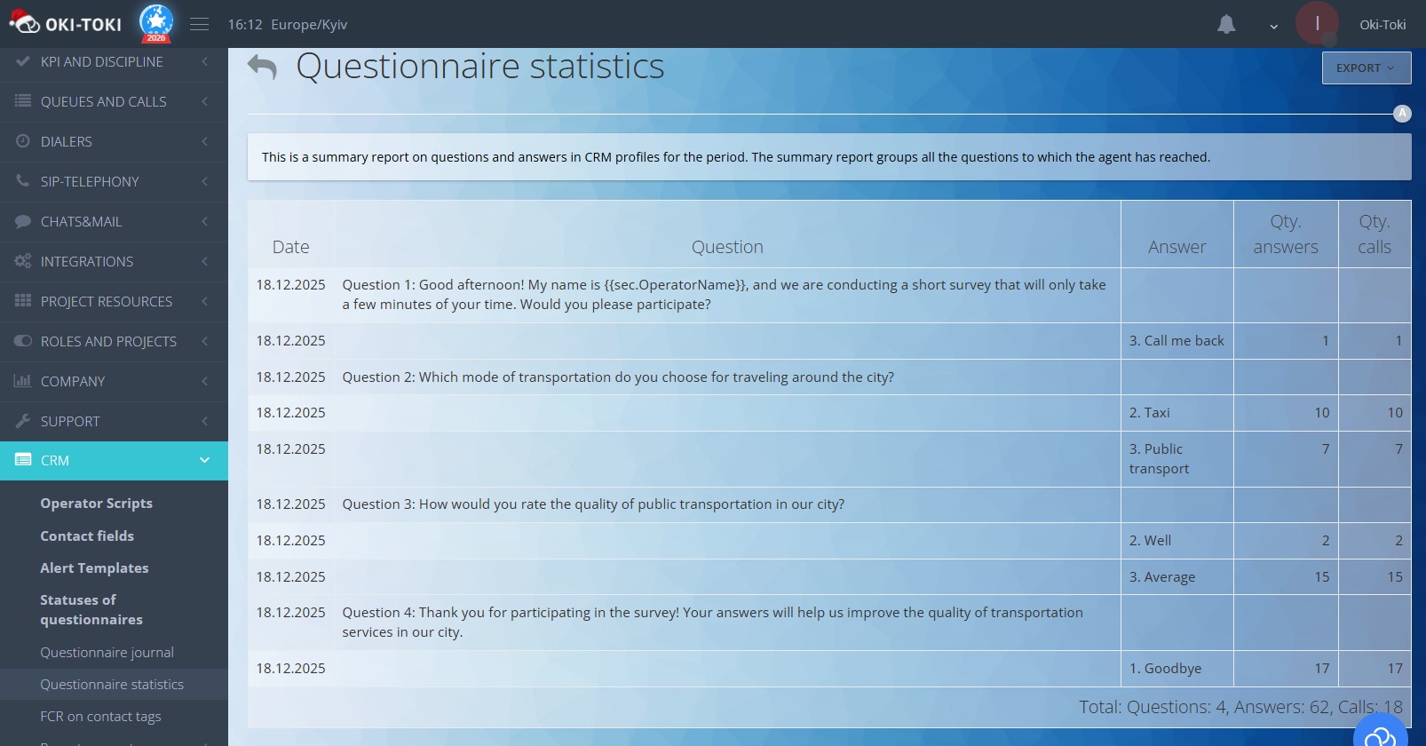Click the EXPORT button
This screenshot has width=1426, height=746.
[x=1366, y=68]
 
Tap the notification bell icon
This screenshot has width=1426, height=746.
[x=1226, y=25]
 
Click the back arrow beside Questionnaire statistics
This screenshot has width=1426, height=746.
[x=262, y=67]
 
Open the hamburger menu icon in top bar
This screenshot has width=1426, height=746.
[x=200, y=25]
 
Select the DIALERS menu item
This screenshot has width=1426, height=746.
[x=67, y=141]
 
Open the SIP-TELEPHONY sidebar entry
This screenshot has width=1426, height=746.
[x=90, y=181]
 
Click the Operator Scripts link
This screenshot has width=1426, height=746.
[x=96, y=503]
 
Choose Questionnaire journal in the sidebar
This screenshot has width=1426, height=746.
[x=107, y=652]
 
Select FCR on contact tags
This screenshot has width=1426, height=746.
[x=100, y=716]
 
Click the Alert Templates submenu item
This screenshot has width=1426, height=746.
[x=94, y=567]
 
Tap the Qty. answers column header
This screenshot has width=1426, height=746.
[x=1285, y=234]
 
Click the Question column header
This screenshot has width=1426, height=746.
[x=727, y=247]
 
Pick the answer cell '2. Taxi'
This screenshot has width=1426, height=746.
[x=1150, y=412]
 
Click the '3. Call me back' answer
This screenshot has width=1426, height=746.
[x=1176, y=340]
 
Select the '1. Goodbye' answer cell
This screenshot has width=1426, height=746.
[x=1165, y=668]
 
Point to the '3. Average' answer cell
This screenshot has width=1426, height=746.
[x=1162, y=576]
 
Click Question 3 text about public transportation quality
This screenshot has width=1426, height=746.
[x=593, y=504]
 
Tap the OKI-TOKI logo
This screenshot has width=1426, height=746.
[x=66, y=24]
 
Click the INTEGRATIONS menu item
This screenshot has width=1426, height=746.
[x=87, y=261]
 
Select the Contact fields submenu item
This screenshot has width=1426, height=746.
[x=87, y=536]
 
